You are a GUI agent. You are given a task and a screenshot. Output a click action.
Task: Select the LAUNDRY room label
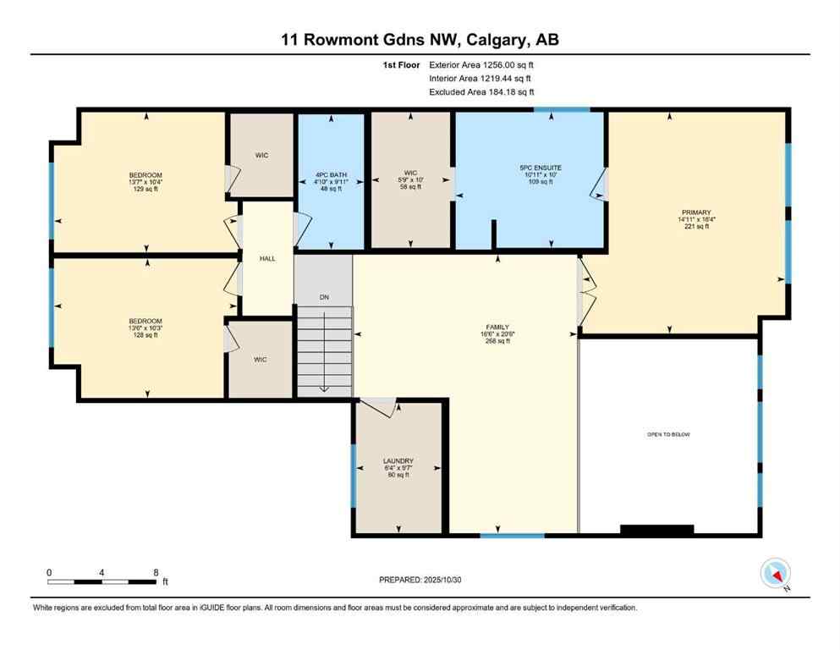[x=398, y=461]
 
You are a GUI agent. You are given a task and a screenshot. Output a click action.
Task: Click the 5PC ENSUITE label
[x=541, y=168]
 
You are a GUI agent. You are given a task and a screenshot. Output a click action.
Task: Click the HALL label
[x=266, y=259]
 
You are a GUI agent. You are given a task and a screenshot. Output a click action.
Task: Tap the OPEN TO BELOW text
[x=669, y=434]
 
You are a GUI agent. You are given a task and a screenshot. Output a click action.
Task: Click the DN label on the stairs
[x=324, y=297]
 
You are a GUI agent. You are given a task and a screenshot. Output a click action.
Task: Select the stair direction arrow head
[x=324, y=388]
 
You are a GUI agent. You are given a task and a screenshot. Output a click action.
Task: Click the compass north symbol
[x=776, y=574]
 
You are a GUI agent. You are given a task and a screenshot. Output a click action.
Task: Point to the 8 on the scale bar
[x=156, y=572]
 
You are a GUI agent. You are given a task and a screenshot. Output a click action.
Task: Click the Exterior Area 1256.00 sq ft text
[x=481, y=64]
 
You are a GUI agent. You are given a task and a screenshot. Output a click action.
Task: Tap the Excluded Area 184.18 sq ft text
[x=481, y=91]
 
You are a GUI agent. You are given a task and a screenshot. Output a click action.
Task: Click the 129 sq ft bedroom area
[x=145, y=189]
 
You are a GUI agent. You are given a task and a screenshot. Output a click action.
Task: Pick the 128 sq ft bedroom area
[x=145, y=335]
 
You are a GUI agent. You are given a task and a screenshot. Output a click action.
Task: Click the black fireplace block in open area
[x=656, y=530]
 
